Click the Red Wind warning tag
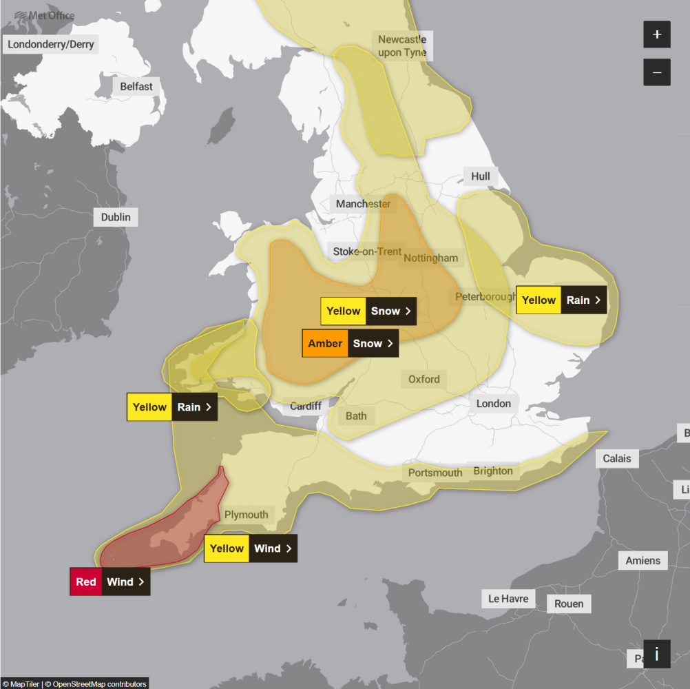coord(110,582)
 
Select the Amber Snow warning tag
coord(351,343)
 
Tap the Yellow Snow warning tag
coord(368,311)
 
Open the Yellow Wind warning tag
coord(251,548)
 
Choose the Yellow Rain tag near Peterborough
coord(561,300)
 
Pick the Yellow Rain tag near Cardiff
coord(172,407)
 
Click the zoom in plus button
coord(657,34)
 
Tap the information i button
coord(657,654)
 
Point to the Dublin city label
coord(116,217)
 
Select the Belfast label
coord(136,87)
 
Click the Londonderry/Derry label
coord(51,45)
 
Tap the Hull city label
coord(481,176)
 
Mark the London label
coord(494,404)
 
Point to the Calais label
coord(616,458)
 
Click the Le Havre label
coord(508,599)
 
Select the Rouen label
coord(569,604)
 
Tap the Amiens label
coord(642,561)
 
